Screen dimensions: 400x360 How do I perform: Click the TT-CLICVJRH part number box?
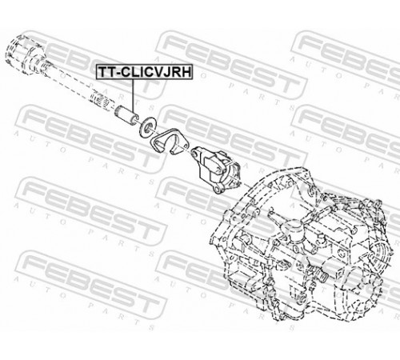[144, 71]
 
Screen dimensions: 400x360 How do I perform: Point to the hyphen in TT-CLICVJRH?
[118, 73]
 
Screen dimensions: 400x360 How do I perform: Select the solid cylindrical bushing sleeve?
[126, 114]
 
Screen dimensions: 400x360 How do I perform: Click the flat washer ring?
[148, 126]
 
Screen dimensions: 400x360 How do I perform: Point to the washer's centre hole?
[148, 127]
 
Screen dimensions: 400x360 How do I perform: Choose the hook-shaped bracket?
[170, 142]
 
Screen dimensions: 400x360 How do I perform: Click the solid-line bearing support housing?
[217, 170]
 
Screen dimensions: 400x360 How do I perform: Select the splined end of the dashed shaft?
[103, 99]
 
